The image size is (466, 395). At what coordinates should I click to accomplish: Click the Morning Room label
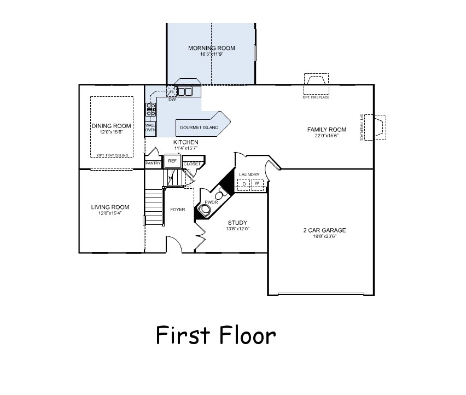tap(212, 48)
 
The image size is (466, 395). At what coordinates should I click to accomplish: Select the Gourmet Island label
tap(199, 127)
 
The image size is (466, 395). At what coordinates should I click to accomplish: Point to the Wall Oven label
tap(150, 127)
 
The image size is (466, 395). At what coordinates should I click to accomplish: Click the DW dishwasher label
tap(172, 100)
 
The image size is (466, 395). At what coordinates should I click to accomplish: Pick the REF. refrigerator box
tap(172, 161)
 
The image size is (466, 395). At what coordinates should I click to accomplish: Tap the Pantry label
tap(153, 163)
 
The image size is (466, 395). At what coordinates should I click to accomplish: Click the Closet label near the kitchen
tap(192, 164)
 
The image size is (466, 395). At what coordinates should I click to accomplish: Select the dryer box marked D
tap(244, 183)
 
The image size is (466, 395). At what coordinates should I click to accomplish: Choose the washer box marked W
tap(257, 183)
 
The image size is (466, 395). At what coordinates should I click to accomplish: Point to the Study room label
tap(238, 223)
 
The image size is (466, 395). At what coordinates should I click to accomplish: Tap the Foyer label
tap(177, 210)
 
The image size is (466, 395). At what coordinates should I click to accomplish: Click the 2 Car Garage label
tap(324, 230)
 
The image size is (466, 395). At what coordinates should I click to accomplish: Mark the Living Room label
tap(110, 207)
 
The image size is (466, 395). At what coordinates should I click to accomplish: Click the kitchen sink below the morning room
tap(184, 91)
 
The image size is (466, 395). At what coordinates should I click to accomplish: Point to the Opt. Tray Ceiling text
tap(112, 155)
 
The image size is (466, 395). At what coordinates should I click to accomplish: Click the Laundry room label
tap(249, 175)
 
